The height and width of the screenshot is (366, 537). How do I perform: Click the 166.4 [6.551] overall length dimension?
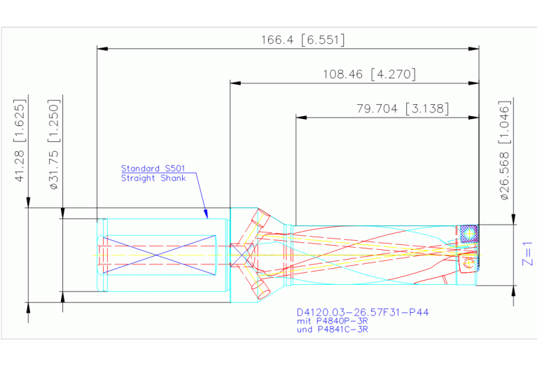tap(302, 40)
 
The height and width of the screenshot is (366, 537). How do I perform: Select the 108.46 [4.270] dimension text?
tap(369, 74)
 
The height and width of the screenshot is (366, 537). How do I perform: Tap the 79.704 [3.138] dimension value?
tap(403, 108)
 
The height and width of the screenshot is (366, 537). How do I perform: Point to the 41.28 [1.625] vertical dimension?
tap(20, 141)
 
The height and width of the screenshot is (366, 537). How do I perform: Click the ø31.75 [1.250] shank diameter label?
tap(54, 144)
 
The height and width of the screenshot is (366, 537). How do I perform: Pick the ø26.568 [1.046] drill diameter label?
tap(505, 150)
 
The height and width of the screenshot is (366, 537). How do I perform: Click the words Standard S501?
tap(153, 169)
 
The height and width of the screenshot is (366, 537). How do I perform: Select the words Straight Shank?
tap(153, 178)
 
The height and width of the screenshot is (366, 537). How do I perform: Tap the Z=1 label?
tap(527, 254)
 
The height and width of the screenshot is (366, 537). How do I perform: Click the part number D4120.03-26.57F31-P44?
tap(363, 312)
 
